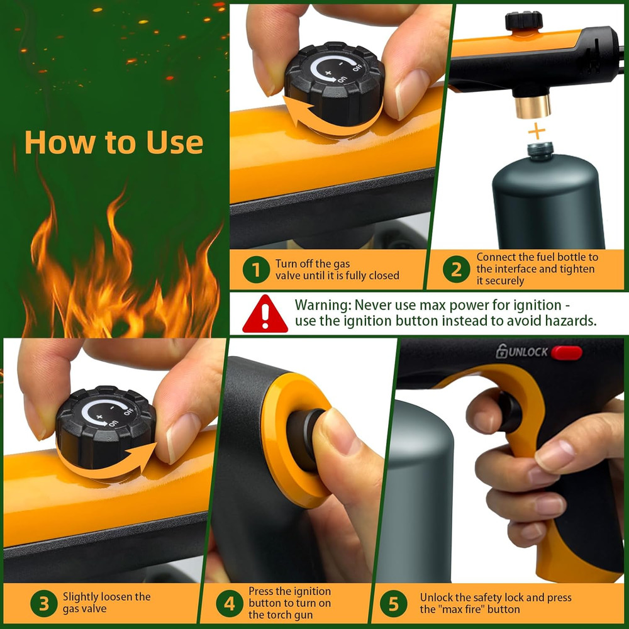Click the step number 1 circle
pyautogui.click(x=255, y=270)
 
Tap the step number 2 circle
pyautogui.click(x=456, y=270)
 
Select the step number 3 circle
pyautogui.click(x=43, y=604)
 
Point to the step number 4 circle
pyautogui.click(x=230, y=604)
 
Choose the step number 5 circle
pyautogui.click(x=393, y=604)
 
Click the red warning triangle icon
pyautogui.click(x=265, y=314)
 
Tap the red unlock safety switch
pyautogui.click(x=567, y=352)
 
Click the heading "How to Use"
pyautogui.click(x=114, y=142)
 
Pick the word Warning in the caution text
pyautogui.click(x=323, y=305)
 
